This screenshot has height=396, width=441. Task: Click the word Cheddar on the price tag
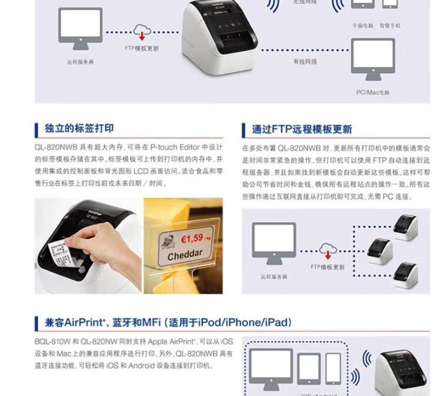185,256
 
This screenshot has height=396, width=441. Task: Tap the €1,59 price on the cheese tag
191,239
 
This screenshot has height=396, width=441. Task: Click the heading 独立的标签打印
79,128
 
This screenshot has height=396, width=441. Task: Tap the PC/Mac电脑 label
373,92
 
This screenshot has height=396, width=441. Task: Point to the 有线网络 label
305,61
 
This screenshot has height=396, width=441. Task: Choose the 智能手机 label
390,26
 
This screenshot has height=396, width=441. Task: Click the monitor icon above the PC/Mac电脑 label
373,59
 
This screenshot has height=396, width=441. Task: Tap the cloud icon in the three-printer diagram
328,249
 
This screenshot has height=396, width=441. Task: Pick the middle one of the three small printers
380,251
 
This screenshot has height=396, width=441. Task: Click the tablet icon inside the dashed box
309,368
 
